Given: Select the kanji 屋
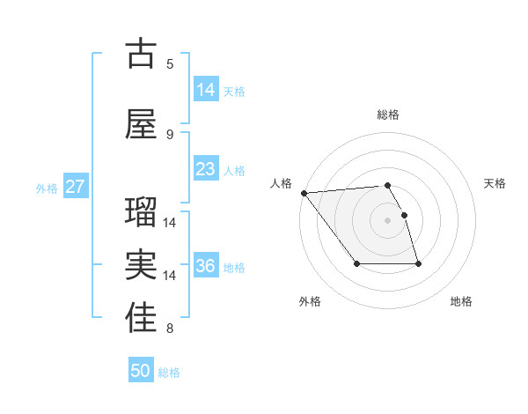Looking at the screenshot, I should [141, 124].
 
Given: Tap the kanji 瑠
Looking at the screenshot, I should [141, 213].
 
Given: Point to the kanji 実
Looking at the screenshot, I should [141, 267].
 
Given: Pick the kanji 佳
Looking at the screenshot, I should [141, 320].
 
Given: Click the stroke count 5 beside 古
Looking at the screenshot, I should [170, 63].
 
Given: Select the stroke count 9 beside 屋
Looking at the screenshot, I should [170, 134].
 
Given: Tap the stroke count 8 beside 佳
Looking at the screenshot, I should [170, 329].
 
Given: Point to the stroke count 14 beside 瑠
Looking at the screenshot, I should [170, 223].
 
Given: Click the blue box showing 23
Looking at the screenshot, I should [206, 169].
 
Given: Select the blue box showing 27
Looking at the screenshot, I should [76, 187].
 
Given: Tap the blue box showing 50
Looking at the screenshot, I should [141, 371].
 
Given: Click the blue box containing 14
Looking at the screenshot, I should [206, 89].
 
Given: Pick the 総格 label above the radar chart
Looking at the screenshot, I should [388, 115].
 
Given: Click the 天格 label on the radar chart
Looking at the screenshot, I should [495, 183].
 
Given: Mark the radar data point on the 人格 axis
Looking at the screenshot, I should [304, 193].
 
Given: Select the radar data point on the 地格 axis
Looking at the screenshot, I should [418, 264].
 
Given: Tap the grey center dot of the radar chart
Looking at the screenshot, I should [388, 219].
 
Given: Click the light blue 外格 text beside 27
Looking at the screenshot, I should [47, 188].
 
